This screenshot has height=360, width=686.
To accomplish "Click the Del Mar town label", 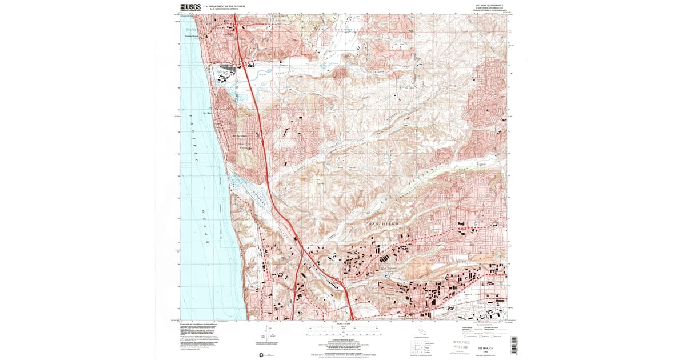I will point(208,113).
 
